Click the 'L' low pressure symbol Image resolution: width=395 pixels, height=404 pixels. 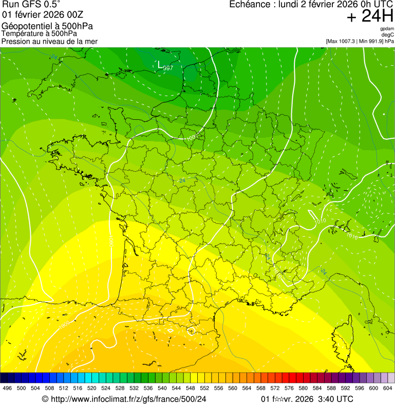160,64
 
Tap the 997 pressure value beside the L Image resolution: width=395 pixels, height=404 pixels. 168,68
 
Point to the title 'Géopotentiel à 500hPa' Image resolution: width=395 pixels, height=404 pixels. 47,26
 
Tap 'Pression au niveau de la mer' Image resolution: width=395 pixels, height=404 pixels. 49,41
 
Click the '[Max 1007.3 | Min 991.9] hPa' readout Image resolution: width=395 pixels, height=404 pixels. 360,41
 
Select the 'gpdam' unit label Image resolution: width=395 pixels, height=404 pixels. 387,29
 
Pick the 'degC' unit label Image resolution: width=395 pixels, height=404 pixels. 388,35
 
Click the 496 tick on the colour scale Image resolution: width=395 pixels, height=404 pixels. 7,388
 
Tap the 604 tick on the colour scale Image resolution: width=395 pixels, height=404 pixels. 388,388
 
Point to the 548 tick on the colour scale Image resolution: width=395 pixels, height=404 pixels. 190,388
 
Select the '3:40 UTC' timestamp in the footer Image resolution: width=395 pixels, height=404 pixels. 336,399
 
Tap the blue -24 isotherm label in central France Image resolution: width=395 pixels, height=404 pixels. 182,180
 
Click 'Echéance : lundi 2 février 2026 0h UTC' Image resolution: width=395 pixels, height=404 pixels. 311,5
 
